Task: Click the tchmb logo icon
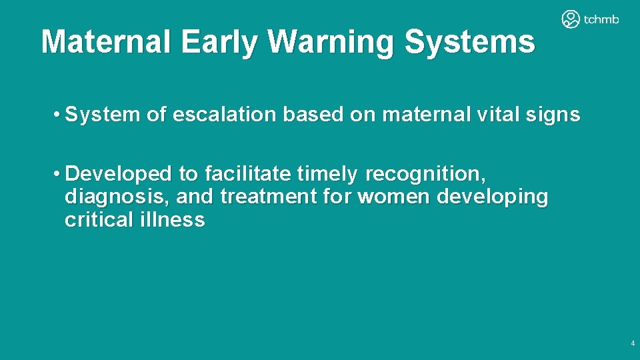(571, 19)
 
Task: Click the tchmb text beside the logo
(601, 19)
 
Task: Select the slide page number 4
(632, 344)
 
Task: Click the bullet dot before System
(59, 115)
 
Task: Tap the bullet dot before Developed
(59, 174)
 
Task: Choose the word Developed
(119, 174)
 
